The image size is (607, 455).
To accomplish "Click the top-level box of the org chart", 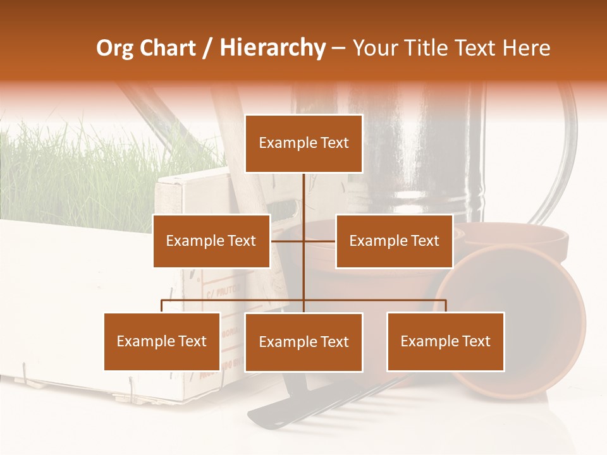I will tap(303, 143).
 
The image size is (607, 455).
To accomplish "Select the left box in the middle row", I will tap(211, 241).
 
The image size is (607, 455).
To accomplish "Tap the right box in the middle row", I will tap(394, 241).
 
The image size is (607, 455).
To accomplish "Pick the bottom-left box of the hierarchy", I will tap(162, 341).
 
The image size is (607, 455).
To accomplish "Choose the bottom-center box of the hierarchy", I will tap(303, 342).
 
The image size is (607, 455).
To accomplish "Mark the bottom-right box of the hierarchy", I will tap(445, 341).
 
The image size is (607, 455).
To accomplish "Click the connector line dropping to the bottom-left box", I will tap(162, 306).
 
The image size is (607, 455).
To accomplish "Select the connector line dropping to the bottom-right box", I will tap(446, 306).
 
